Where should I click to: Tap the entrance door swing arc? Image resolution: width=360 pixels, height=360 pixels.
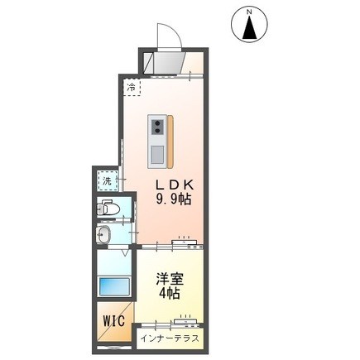point(169,36)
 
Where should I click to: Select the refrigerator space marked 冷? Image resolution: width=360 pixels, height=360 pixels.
point(132,86)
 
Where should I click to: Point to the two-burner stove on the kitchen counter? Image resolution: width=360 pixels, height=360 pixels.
point(156,125)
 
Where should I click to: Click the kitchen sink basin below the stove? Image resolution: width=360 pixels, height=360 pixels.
point(156,152)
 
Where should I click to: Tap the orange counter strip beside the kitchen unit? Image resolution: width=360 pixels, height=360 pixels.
point(170,138)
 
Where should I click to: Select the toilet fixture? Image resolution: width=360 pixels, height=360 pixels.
point(109,209)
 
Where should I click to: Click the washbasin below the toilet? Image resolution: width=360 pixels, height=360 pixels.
point(105,237)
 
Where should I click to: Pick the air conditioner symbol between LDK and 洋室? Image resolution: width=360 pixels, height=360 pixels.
point(184,243)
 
